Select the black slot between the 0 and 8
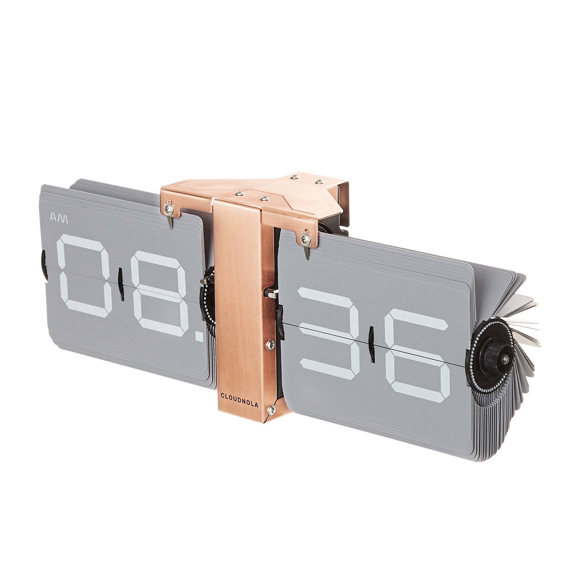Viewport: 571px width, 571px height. (x=121, y=285)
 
